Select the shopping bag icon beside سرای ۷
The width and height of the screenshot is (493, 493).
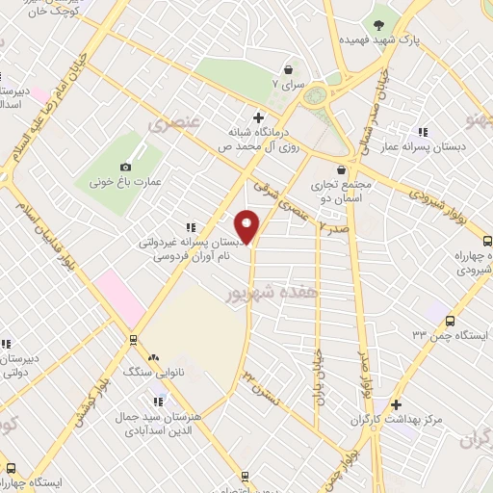(x=288, y=69)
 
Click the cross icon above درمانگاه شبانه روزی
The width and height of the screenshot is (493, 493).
(x=257, y=117)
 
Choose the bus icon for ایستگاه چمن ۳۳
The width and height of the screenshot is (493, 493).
(x=452, y=320)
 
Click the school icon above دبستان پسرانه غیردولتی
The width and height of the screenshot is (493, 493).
(x=191, y=227)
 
